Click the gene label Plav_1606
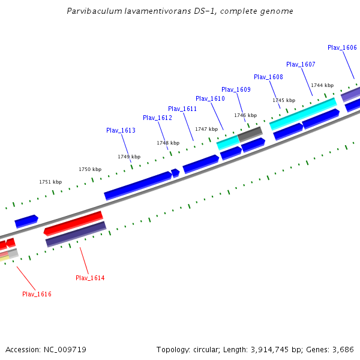[342, 47]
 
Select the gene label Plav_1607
[301, 64]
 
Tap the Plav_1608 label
[268, 77]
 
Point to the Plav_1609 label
[236, 89]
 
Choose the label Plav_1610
[210, 98]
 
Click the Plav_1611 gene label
[182, 109]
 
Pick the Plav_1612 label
[157, 118]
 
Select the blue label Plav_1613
[121, 130]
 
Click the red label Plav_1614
[90, 278]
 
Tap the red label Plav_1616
[37, 294]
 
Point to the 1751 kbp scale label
[50, 182]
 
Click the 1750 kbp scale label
[90, 169]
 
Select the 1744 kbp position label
[322, 85]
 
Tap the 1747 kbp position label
[206, 129]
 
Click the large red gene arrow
[73, 223]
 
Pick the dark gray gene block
[250, 133]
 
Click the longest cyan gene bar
[303, 113]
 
